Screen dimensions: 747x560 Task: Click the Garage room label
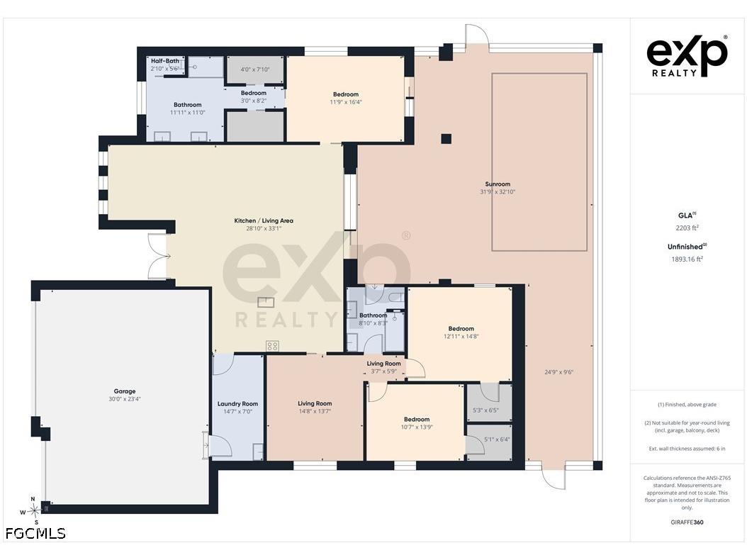[124, 391]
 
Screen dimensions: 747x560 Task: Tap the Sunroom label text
[498, 184]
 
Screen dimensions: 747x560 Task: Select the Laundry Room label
[237, 403]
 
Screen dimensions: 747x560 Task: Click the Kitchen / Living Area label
[264, 220]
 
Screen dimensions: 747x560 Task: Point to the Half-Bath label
[165, 61]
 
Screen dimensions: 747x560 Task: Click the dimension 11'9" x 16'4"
[346, 102]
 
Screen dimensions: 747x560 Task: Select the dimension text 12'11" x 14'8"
[461, 336]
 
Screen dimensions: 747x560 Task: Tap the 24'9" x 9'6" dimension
[558, 372]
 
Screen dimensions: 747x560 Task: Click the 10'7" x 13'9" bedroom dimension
[417, 427]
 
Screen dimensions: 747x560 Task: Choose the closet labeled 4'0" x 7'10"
[255, 70]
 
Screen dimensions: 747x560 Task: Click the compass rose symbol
[33, 511]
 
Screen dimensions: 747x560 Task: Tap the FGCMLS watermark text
[35, 533]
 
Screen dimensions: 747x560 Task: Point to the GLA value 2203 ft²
[687, 228]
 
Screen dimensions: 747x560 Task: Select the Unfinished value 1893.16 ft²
[687, 259]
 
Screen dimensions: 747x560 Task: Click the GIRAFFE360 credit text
[687, 522]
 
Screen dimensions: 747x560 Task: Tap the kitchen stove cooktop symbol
[272, 346]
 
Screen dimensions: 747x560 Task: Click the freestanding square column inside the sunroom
[446, 139]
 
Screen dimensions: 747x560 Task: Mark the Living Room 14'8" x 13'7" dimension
[315, 411]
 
